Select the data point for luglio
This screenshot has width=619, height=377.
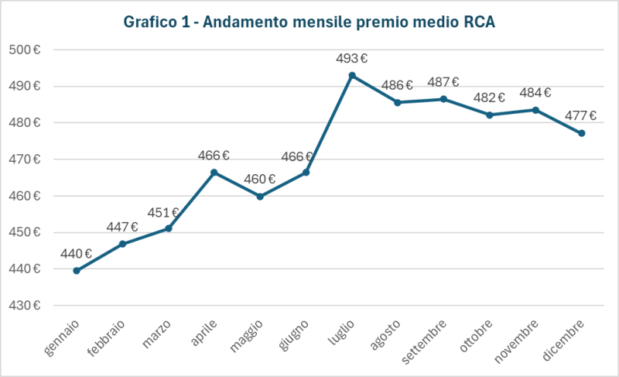[352, 75]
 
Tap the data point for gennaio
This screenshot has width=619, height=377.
[77, 270]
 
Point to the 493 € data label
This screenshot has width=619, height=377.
[351, 58]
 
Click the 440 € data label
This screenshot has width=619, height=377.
[77, 253]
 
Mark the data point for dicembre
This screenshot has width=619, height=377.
[582, 133]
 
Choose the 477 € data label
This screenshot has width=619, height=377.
[581, 116]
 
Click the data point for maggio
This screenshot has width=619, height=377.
[260, 197]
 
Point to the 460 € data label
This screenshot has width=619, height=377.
[260, 180]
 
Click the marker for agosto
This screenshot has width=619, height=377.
[398, 102]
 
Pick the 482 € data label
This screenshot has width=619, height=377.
[489, 98]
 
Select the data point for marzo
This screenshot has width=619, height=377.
[169, 228]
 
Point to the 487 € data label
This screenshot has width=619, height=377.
[443, 82]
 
